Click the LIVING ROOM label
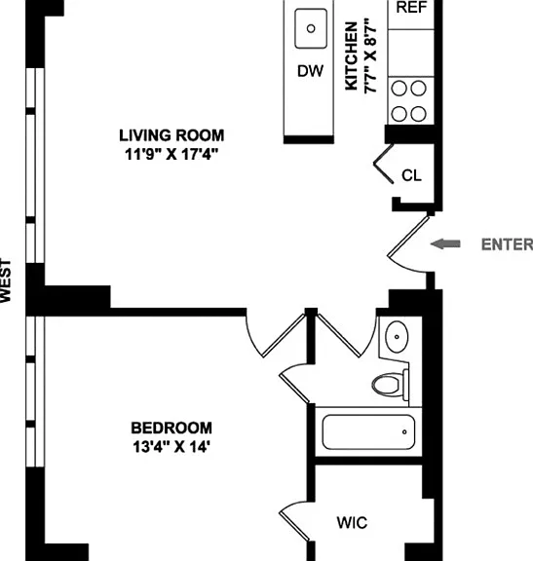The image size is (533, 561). (171, 135)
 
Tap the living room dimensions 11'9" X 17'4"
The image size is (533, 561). (171, 155)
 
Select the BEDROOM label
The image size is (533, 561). (171, 428)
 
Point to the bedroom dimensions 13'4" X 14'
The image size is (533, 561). (171, 446)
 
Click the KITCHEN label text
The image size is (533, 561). (351, 56)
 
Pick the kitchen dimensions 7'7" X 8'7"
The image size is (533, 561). (371, 56)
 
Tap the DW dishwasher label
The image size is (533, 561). (311, 71)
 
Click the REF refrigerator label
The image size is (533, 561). (411, 7)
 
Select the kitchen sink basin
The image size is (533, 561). (311, 28)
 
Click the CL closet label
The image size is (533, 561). (411, 175)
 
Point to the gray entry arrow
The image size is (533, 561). (445, 244)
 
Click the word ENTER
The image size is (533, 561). (507, 244)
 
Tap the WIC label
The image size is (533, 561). (352, 523)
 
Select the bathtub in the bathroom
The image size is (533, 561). (368, 431)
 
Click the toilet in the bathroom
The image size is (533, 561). (390, 385)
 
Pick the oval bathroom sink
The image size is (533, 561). (397, 337)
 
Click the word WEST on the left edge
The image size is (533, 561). (6, 280)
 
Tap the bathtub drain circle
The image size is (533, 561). (404, 431)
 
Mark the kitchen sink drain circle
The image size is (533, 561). (311, 28)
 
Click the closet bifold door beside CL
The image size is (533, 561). (384, 164)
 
